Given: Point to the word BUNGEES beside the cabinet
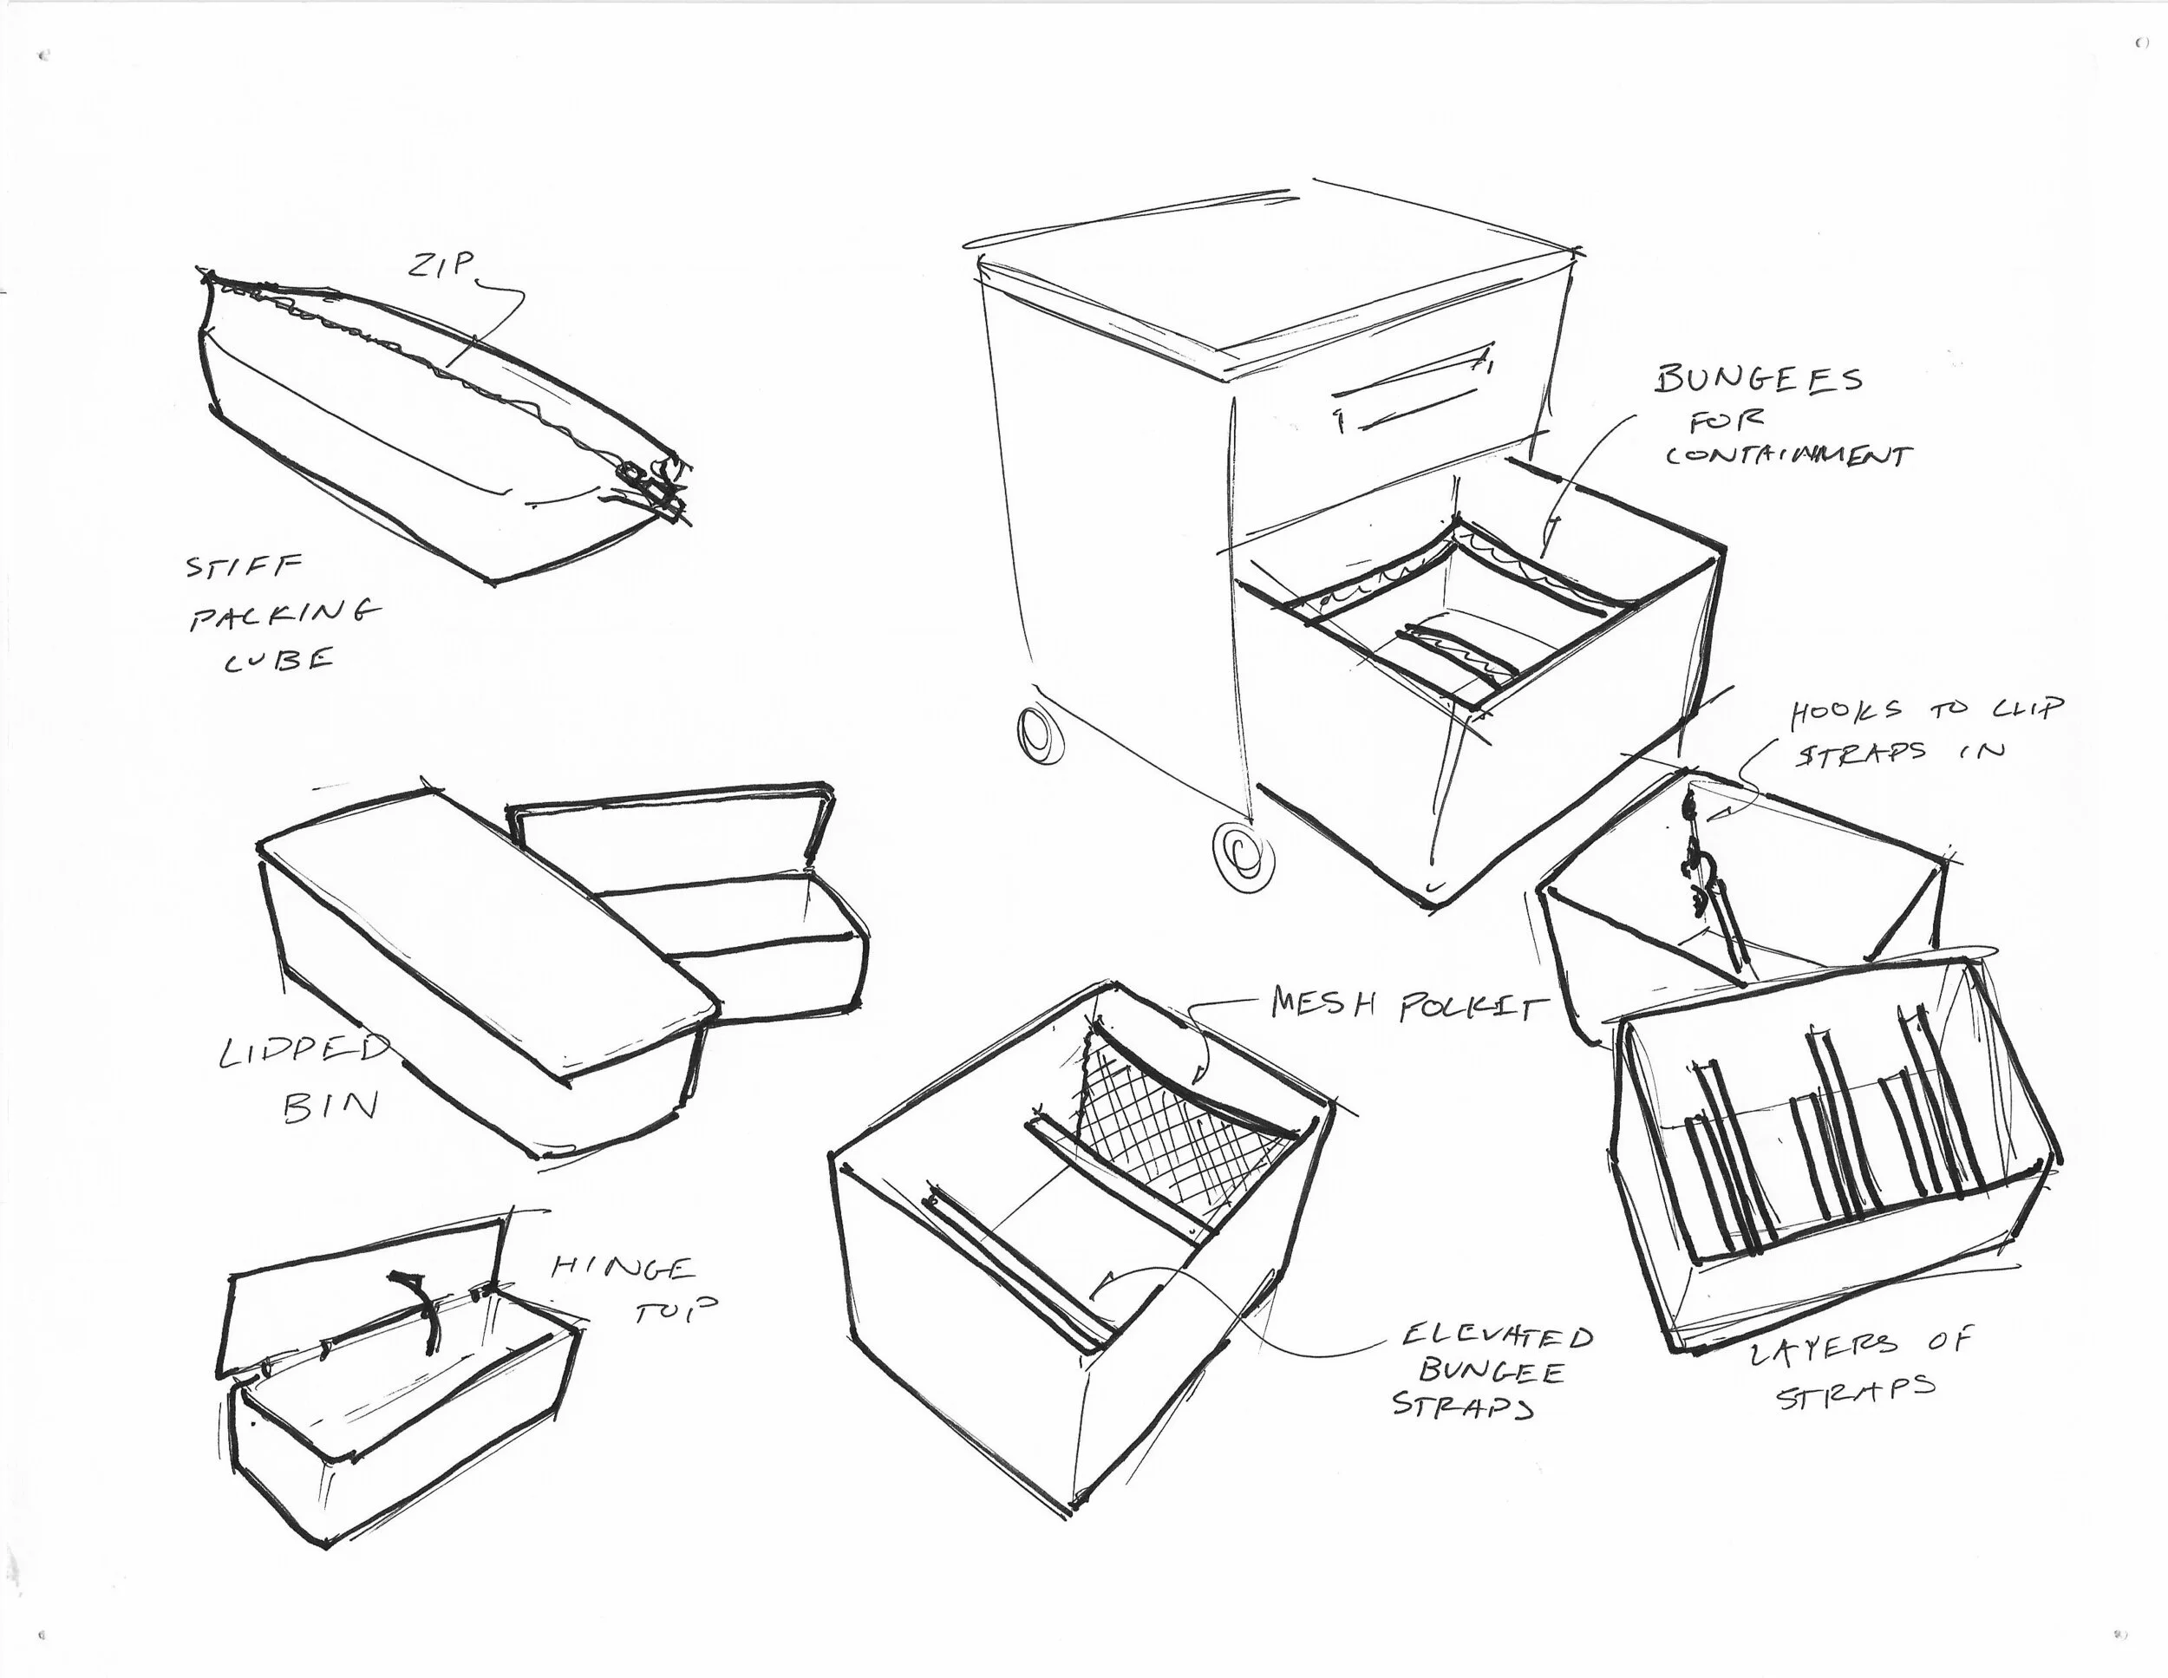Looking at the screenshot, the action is (x=1758, y=379).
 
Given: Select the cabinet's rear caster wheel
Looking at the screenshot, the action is (x=1039, y=735).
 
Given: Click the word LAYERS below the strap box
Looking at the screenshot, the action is (x=1822, y=1350).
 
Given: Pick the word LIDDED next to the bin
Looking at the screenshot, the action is (x=303, y=1050).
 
